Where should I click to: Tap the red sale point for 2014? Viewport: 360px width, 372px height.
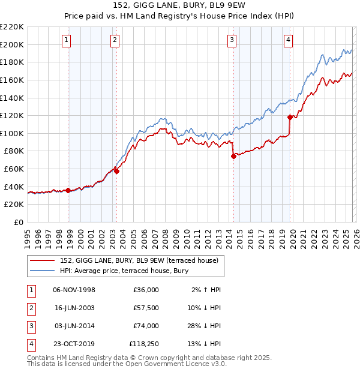(x=233, y=156)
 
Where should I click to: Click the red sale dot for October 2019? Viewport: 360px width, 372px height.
(x=290, y=117)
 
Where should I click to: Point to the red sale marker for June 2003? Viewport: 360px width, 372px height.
(x=117, y=171)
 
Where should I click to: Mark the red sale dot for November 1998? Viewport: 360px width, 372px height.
(x=68, y=190)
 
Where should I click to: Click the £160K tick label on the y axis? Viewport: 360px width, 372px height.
(x=12, y=80)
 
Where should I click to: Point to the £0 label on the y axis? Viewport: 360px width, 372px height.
(x=18, y=222)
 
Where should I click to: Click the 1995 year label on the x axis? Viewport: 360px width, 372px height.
(x=28, y=238)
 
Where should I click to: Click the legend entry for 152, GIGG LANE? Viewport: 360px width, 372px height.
(x=142, y=260)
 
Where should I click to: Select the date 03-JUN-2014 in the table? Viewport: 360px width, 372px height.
(x=74, y=326)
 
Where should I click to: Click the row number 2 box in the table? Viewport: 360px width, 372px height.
(x=29, y=308)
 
